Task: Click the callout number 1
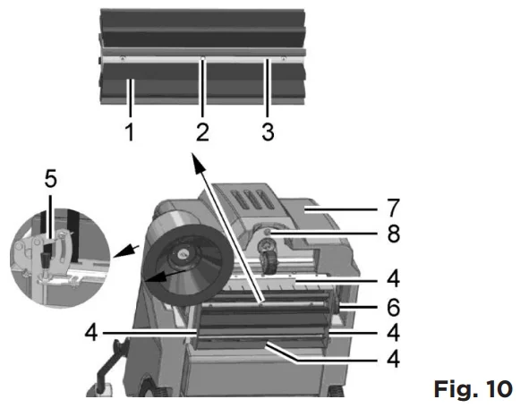130,132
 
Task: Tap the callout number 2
202,132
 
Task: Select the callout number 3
268,132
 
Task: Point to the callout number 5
51,179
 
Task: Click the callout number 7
393,208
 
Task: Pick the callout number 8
393,234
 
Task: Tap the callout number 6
393,307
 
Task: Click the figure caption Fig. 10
473,389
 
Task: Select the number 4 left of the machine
91,332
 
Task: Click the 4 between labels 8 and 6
393,278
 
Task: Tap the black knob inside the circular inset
45,259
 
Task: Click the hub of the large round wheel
183,253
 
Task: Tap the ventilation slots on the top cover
250,200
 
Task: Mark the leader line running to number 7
341,209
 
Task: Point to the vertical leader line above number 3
268,88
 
